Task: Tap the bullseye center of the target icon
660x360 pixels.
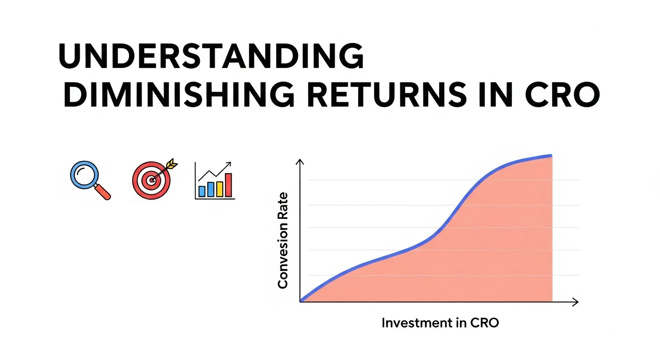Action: pos(151,180)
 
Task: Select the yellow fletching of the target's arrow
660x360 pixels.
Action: pos(172,165)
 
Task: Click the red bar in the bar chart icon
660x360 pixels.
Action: pos(228,185)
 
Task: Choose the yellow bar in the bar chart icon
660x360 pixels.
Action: pos(219,188)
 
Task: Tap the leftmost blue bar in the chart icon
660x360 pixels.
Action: pos(202,191)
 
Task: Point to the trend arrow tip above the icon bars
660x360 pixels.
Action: pos(230,164)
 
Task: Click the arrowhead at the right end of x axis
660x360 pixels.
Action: pos(576,302)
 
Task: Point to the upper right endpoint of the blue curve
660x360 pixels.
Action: pos(551,156)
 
